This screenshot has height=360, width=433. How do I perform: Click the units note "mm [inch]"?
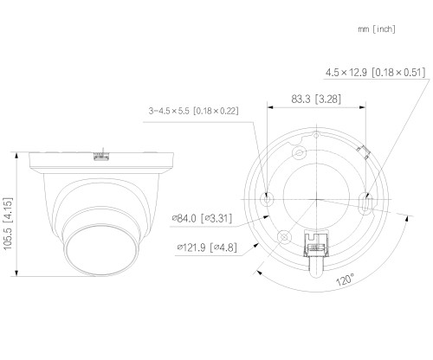pos(377,29)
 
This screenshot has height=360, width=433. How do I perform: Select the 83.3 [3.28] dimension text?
pos(316,99)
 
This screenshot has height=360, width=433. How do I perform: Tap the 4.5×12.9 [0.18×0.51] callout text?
pos(376,72)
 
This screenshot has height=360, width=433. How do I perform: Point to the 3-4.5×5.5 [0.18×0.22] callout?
pos(193,111)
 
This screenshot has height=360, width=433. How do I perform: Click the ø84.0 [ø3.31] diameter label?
pos(202,218)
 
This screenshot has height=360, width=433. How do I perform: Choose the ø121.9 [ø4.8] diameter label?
pos(207,247)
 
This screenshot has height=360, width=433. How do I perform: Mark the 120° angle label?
pos(345,280)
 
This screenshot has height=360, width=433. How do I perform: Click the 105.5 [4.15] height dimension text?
pos(8,223)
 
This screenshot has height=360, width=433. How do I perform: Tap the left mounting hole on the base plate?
pos(268,199)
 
